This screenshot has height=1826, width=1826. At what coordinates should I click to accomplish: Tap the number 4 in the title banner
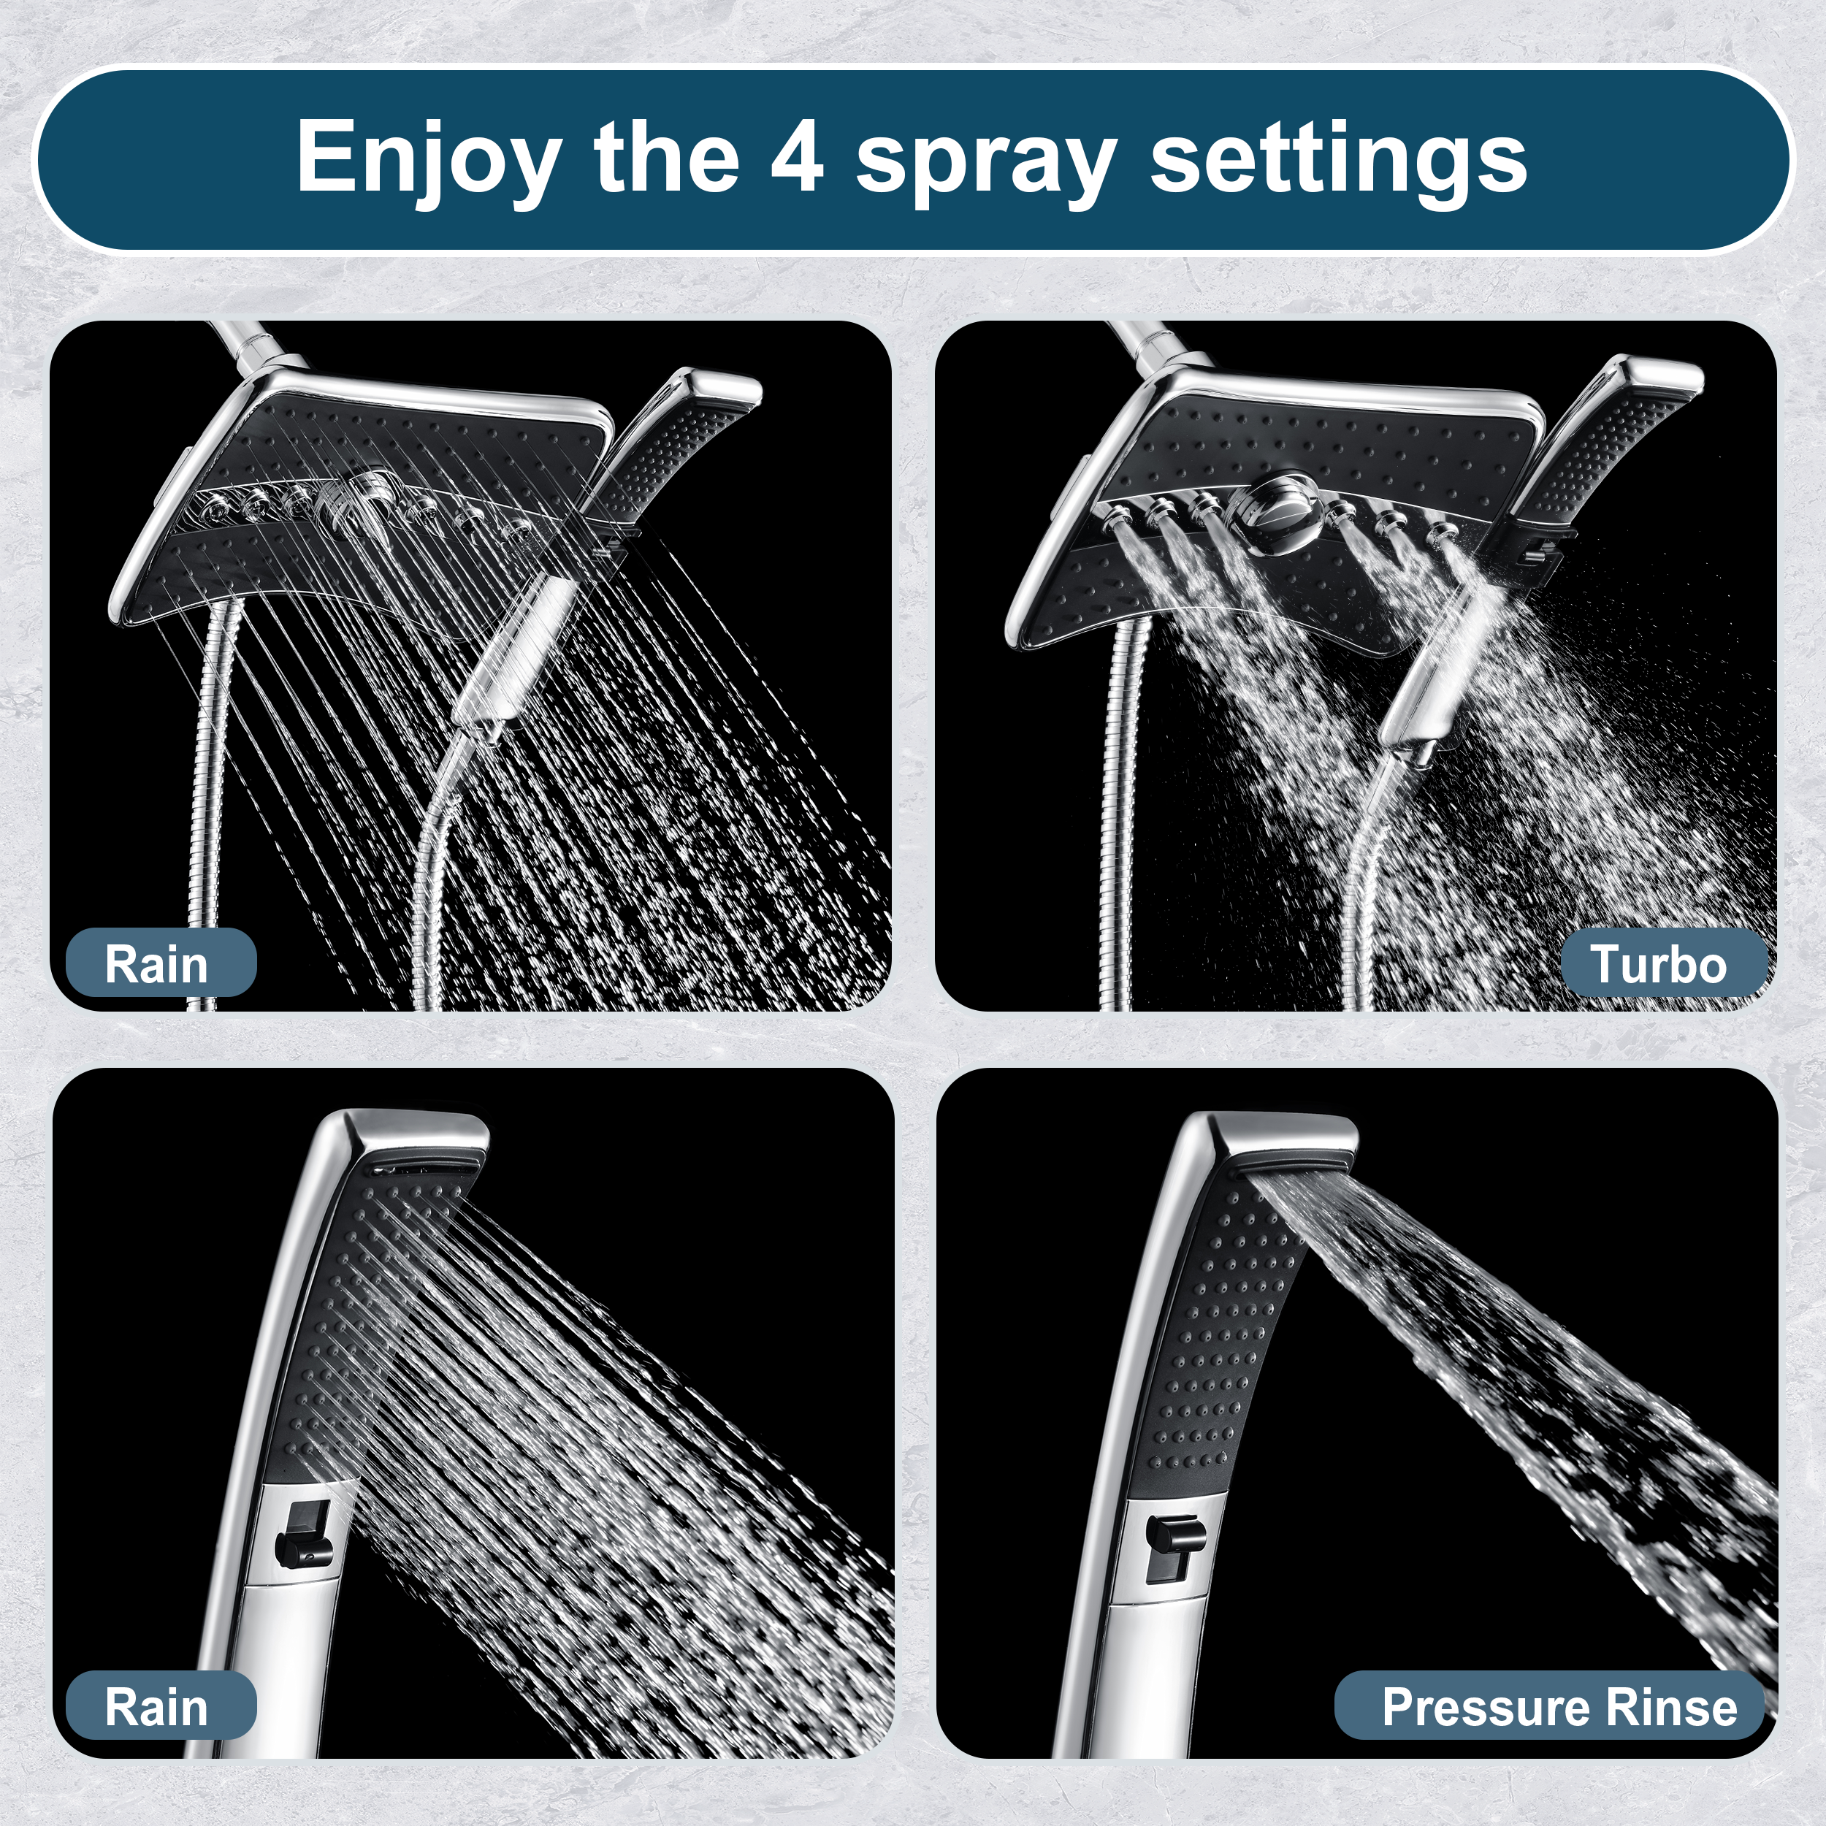tap(797, 157)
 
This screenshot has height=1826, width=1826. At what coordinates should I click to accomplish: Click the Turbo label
tap(1659, 964)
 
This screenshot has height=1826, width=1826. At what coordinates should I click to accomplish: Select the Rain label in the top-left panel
tap(157, 964)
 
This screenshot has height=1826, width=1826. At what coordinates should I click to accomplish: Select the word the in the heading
tap(666, 157)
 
